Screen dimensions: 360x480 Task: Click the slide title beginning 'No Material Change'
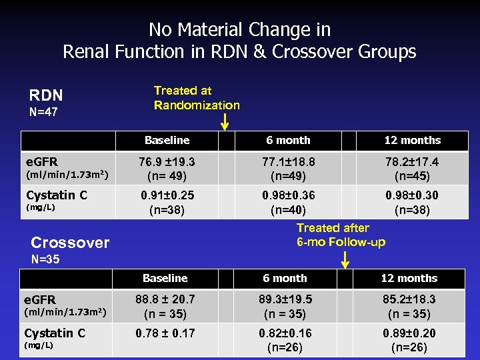pos(239,41)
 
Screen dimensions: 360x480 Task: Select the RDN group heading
pos(45,96)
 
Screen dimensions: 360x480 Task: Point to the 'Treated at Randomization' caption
pos(197,97)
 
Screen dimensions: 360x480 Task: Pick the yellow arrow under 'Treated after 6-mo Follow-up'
pos(344,259)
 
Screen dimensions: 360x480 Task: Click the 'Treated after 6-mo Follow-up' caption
pos(341,235)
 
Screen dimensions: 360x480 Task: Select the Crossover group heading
pos(70,243)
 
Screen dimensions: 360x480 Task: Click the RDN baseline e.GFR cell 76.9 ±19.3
pos(167,169)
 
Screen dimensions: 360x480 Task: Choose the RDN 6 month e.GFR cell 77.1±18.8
pos(288,169)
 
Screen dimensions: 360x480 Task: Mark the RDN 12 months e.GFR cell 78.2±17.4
pos(412,169)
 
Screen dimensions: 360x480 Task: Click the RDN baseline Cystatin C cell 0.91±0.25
pos(167,201)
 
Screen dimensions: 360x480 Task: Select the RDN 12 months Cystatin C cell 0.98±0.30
pos(412,201)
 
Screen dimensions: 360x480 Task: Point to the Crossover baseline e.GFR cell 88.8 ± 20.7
pos(165,307)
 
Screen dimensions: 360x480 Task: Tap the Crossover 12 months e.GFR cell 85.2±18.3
pos(409,307)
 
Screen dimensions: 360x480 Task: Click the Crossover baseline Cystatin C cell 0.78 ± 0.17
pos(165,333)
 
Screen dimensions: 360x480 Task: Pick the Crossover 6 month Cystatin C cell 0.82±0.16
pos(286,339)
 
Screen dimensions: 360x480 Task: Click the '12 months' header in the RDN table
pos(412,140)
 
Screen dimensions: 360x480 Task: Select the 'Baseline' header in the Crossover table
pos(165,278)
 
